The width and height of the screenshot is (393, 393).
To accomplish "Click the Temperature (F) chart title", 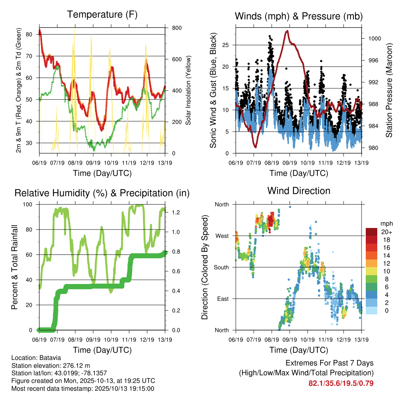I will (102, 15).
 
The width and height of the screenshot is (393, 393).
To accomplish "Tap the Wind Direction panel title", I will (299, 190).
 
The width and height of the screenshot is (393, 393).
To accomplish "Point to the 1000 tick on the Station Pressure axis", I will (374, 38).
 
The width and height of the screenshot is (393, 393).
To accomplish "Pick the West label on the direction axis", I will (222, 236).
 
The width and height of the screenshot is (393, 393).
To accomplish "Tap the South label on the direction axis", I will (221, 267).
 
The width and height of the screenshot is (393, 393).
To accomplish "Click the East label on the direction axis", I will (222, 299).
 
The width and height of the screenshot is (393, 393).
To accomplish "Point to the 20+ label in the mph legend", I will (386, 232).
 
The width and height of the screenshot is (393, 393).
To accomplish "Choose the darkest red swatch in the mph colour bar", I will (371, 232).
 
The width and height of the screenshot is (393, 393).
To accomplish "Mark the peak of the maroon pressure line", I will (287, 31).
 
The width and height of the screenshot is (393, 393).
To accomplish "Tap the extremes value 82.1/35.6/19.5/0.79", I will (341, 383).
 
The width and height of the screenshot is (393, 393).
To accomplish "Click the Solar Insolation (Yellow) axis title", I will (188, 90).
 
